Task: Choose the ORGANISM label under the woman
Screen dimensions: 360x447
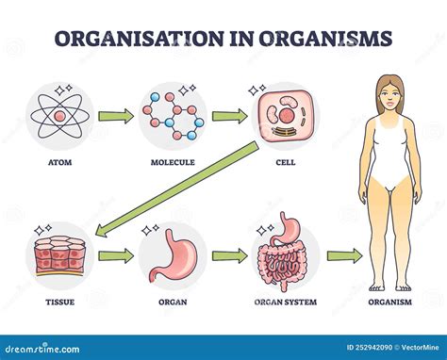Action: coord(390,303)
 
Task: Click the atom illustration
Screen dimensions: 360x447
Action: coord(60,117)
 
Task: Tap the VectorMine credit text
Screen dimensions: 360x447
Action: coord(416,349)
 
